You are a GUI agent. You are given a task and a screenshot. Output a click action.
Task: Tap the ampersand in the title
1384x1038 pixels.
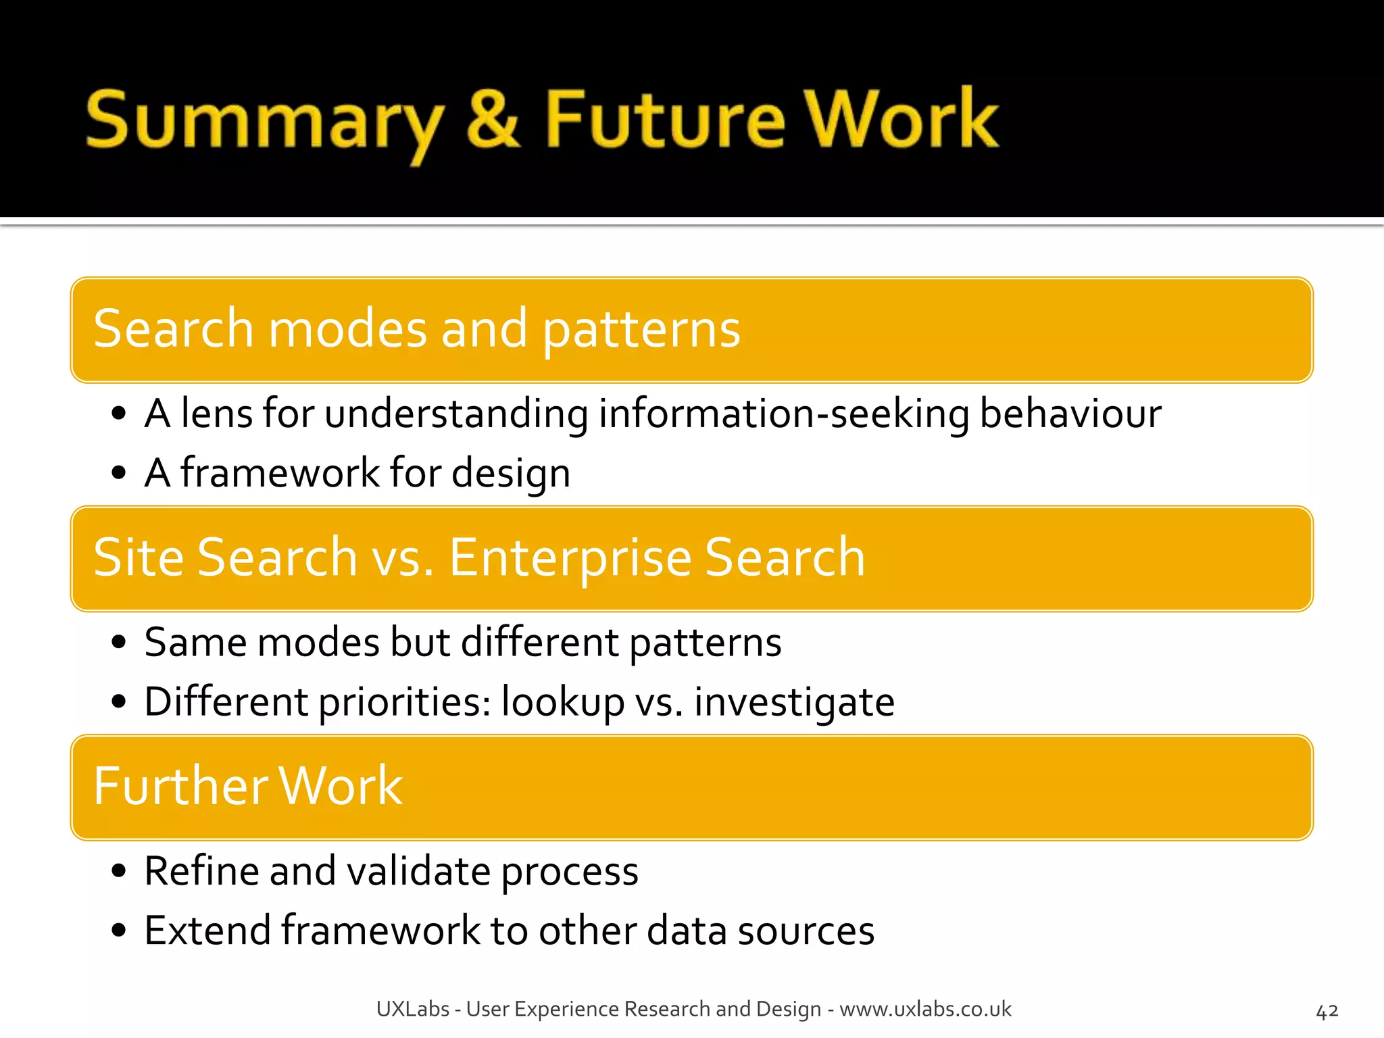tap(493, 120)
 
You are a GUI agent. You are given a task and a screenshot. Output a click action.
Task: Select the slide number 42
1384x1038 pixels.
tap(1327, 1012)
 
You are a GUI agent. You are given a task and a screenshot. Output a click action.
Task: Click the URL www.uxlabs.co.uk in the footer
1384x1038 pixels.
tap(925, 1009)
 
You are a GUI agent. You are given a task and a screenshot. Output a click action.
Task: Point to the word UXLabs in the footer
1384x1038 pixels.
tap(412, 1009)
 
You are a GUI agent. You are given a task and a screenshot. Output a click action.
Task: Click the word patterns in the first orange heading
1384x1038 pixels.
tap(641, 329)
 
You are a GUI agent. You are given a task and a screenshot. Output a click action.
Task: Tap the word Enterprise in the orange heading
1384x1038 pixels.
tap(570, 558)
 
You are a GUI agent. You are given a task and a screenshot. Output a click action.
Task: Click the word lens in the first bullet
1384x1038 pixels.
tap(216, 414)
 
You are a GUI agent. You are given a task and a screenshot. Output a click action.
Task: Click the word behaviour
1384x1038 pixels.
tap(1070, 414)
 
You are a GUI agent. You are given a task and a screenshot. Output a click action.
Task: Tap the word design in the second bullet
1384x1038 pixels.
tap(511, 473)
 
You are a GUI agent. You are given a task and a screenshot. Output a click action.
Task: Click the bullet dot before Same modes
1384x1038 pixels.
tap(119, 642)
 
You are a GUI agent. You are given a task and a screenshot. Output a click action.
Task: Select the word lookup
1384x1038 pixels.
tap(562, 702)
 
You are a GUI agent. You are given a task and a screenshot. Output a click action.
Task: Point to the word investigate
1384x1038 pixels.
tap(794, 702)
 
